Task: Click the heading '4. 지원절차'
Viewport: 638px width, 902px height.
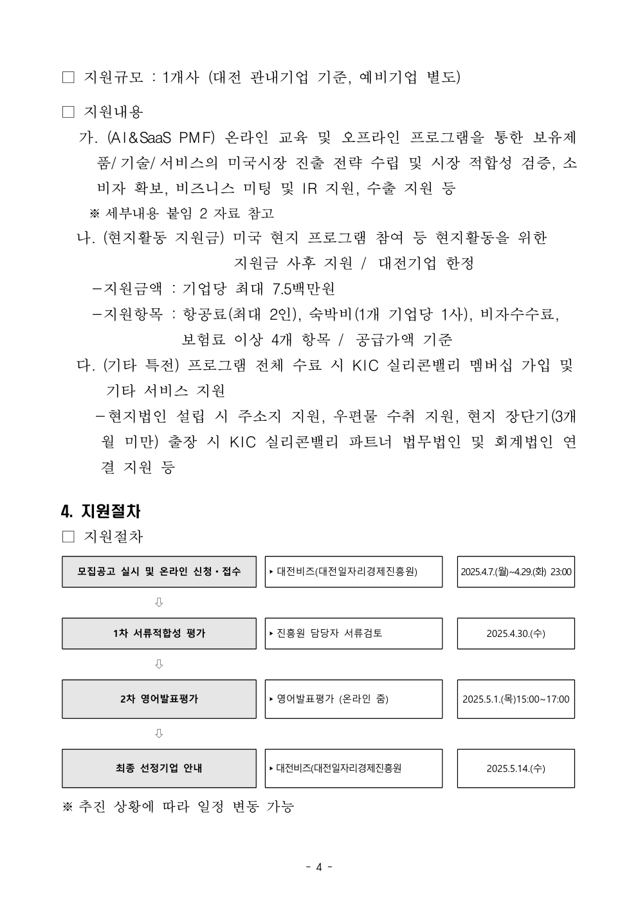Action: pos(100,511)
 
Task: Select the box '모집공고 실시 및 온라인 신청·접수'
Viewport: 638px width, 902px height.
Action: pos(159,571)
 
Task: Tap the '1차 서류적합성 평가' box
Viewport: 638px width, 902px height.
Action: pos(159,633)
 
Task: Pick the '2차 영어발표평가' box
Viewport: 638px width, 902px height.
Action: pos(159,699)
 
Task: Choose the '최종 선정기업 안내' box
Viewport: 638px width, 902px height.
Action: pos(159,768)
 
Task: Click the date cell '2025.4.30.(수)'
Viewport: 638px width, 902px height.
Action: pos(516,633)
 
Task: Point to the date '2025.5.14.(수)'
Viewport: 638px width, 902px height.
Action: pos(516,768)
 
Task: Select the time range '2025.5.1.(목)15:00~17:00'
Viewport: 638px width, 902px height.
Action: pos(516,699)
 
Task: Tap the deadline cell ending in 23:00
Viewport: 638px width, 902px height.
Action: pos(516,571)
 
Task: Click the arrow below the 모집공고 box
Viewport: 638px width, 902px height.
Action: pos(159,602)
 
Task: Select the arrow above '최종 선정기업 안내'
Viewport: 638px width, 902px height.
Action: pos(159,733)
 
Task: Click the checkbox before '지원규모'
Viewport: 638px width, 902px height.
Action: pos(68,78)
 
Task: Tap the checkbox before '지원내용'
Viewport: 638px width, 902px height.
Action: pos(68,112)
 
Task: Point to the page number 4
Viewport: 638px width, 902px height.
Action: pos(318,867)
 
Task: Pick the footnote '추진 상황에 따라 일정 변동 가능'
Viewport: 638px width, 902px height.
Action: pos(186,806)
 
